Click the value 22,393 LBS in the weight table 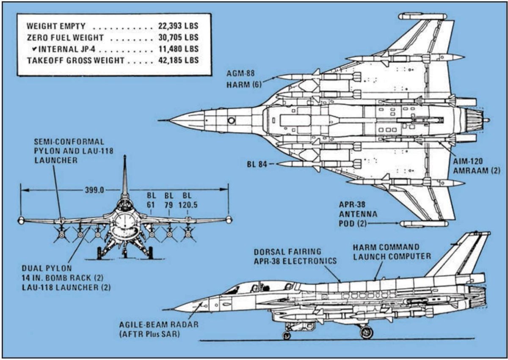click(176, 26)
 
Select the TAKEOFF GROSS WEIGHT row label click(76, 60)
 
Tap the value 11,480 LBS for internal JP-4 click(176, 49)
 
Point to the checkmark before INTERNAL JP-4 click(34, 49)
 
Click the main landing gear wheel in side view click(366, 332)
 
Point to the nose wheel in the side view click(287, 335)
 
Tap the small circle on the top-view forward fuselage click(232, 121)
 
